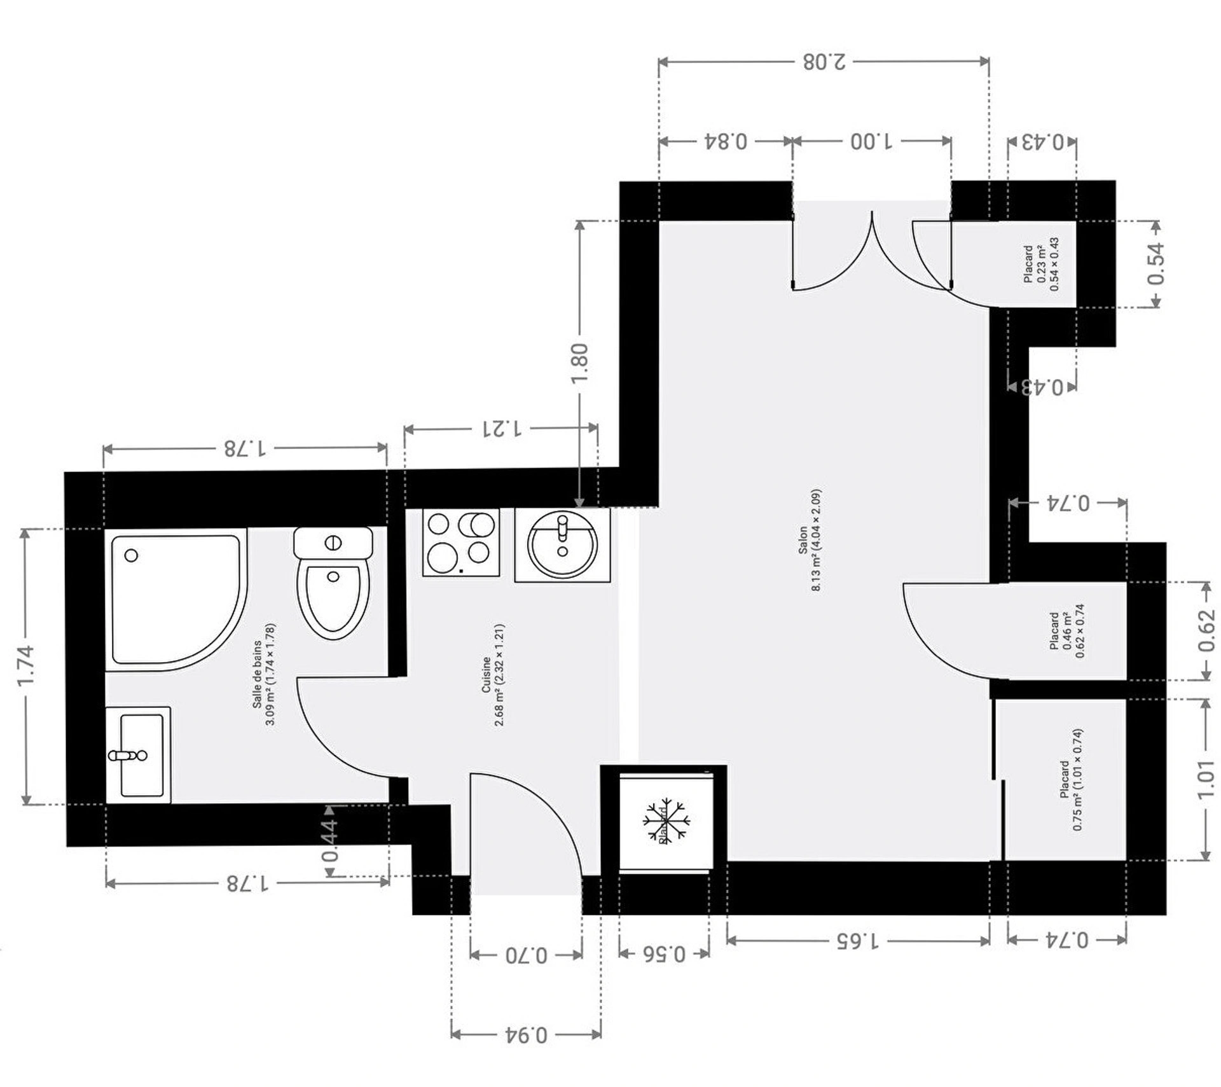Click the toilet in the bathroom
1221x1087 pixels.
click(333, 583)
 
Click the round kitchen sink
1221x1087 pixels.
click(562, 544)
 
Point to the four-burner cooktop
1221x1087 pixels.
click(461, 542)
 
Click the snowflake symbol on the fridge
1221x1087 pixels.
click(666, 820)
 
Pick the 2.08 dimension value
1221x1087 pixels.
click(824, 62)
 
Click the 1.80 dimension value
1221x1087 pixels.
click(580, 363)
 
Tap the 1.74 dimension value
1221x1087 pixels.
click(26, 665)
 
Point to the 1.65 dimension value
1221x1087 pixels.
click(857, 940)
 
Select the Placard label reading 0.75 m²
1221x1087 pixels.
click(1071, 780)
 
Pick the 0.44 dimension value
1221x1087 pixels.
click(331, 840)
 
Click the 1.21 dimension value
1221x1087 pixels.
click(501, 428)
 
